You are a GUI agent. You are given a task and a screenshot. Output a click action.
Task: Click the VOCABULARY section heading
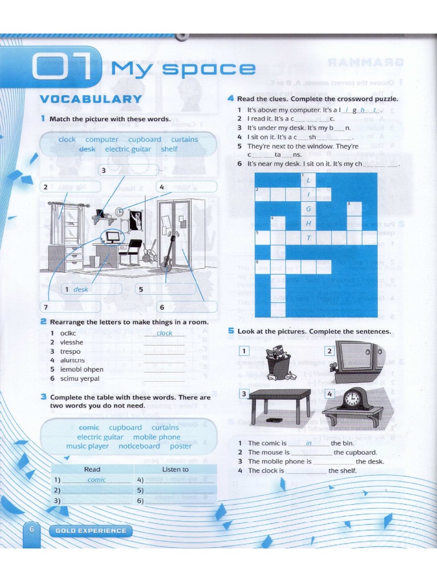pos(90,99)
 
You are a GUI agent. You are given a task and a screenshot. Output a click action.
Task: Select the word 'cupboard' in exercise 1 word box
pos(145,139)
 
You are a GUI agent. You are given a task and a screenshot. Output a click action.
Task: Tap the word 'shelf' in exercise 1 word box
pos(169,149)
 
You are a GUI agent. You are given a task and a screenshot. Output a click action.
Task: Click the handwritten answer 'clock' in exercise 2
pos(164,333)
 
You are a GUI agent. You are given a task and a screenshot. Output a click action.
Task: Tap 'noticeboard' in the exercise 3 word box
pos(140,446)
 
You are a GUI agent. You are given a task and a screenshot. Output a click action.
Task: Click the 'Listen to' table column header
pos(175,469)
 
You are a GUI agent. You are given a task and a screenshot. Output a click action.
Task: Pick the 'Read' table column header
pos(92,469)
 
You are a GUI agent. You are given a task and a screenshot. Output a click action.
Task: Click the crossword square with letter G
pos(309,209)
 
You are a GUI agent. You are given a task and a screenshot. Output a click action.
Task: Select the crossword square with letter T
pos(309,238)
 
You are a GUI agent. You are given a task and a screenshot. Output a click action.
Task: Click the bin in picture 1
pos(279,365)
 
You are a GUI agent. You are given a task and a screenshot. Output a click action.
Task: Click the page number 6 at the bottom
pos(32,529)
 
